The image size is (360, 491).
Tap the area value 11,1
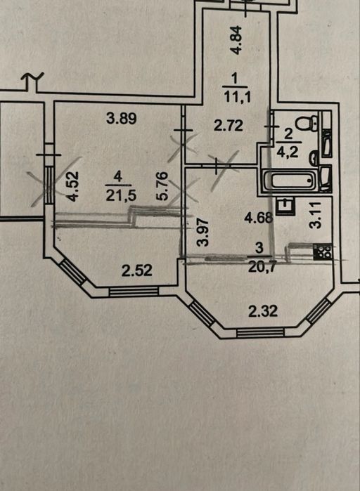point(237,97)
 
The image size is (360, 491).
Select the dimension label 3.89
point(122,119)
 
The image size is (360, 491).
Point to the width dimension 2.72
point(229,126)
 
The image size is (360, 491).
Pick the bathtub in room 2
point(290,181)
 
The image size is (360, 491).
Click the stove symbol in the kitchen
point(322,251)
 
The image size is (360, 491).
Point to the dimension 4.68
point(259,218)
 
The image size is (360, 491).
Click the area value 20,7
point(260,267)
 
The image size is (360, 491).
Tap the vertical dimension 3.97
point(203,232)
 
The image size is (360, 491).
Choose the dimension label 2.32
point(263,312)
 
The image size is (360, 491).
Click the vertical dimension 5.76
point(163,186)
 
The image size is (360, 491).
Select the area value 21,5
point(117,196)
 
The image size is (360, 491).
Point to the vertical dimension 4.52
point(73,186)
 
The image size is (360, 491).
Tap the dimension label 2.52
point(137,270)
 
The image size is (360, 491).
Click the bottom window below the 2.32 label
point(260,332)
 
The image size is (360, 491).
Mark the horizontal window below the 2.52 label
point(134,292)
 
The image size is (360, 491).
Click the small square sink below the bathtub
point(285,206)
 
